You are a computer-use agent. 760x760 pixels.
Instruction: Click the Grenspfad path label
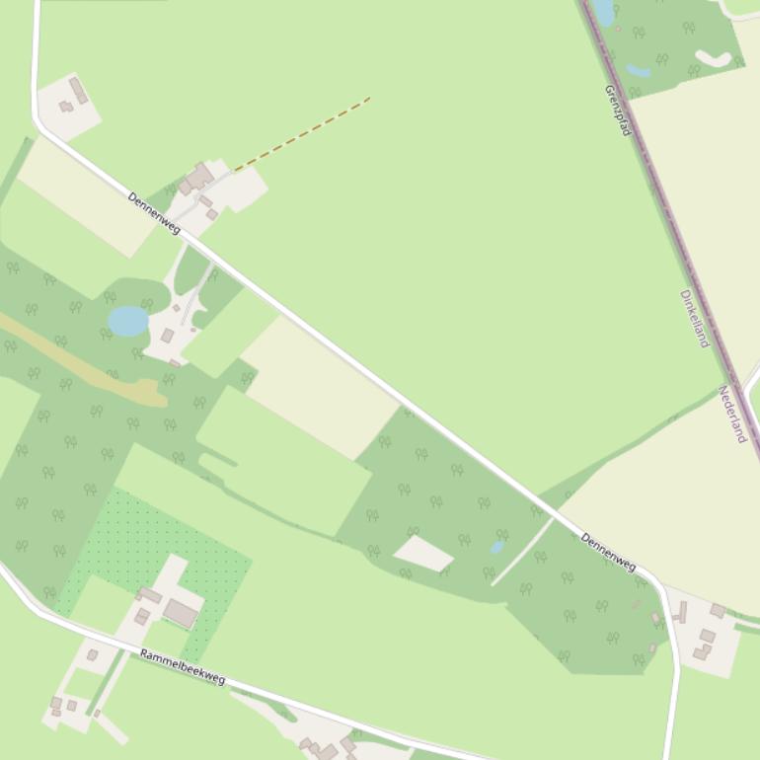pos(618,110)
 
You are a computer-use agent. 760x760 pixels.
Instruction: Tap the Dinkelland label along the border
pos(695,318)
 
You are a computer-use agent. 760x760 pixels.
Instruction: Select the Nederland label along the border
pos(732,414)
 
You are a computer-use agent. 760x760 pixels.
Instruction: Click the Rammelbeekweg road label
pos(183,667)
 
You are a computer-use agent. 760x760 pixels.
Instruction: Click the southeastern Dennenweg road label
pos(608,552)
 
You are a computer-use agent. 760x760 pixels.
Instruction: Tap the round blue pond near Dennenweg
pos(128,321)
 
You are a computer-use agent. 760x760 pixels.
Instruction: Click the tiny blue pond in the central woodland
pos(496,547)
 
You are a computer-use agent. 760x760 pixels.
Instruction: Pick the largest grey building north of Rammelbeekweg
pos(181,613)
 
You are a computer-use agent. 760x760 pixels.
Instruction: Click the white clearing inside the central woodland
pos(423,553)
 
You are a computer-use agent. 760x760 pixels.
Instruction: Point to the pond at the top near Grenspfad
pos(604,12)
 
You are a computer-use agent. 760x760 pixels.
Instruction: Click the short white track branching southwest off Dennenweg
pos(521,552)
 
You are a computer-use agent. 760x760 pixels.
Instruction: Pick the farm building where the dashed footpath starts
pos(200,177)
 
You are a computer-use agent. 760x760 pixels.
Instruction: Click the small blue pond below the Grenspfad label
pos(639,71)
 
